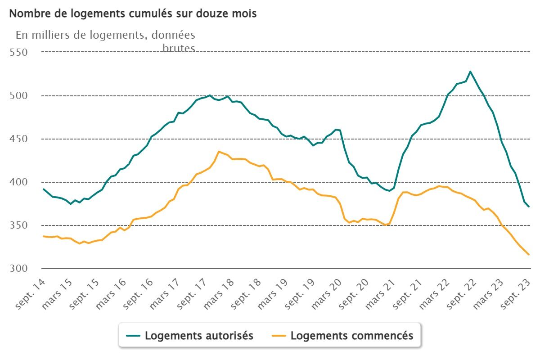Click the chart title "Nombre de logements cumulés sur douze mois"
tap(133, 13)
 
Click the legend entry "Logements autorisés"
tap(199, 336)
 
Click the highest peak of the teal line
tap(470, 72)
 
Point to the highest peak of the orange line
tap(219, 152)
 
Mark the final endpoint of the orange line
tap(529, 255)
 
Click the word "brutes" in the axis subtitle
tap(179, 48)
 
